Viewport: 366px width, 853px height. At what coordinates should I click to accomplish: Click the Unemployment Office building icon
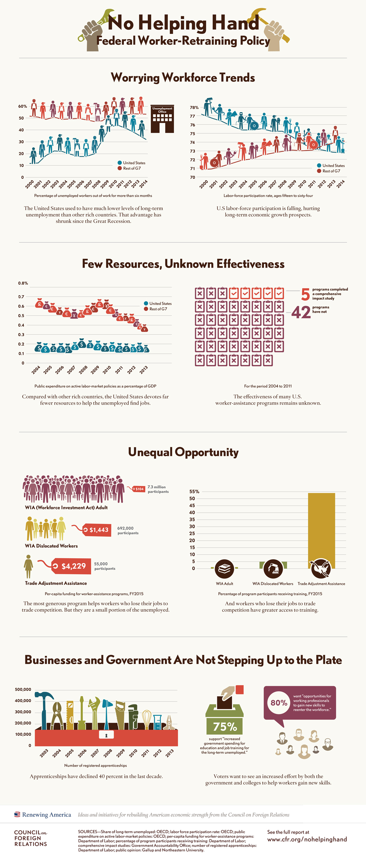coord(162,119)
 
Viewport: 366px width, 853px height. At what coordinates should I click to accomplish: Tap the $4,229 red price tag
coord(72,566)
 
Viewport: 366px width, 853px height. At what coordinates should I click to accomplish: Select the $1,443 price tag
coord(97,530)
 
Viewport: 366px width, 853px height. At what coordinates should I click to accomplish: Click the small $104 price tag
coord(139,489)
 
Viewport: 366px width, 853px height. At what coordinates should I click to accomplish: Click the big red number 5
coord(305,294)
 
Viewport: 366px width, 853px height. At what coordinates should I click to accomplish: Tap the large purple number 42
coord(301,312)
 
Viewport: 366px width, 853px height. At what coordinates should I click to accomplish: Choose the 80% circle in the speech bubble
coord(279,702)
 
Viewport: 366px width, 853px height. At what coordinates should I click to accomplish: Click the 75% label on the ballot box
coord(225,726)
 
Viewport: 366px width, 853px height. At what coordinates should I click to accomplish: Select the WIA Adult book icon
coord(224,569)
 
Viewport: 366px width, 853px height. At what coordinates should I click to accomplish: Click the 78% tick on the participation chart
coord(195,108)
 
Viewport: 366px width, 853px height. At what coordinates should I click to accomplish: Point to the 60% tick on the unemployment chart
coord(22,106)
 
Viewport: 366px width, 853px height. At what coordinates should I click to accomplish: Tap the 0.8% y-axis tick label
coord(23,283)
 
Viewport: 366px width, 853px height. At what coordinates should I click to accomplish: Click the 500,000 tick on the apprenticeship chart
coord(23,690)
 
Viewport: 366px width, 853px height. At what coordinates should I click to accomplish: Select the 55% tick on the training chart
coord(194,491)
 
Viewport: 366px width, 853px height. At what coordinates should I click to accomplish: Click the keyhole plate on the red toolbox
coord(106,735)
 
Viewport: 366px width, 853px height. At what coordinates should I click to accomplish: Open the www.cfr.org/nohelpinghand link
coord(307,839)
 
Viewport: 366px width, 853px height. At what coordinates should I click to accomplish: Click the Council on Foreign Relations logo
coord(30,838)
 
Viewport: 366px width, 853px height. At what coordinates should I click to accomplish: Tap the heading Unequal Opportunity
coord(183,452)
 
